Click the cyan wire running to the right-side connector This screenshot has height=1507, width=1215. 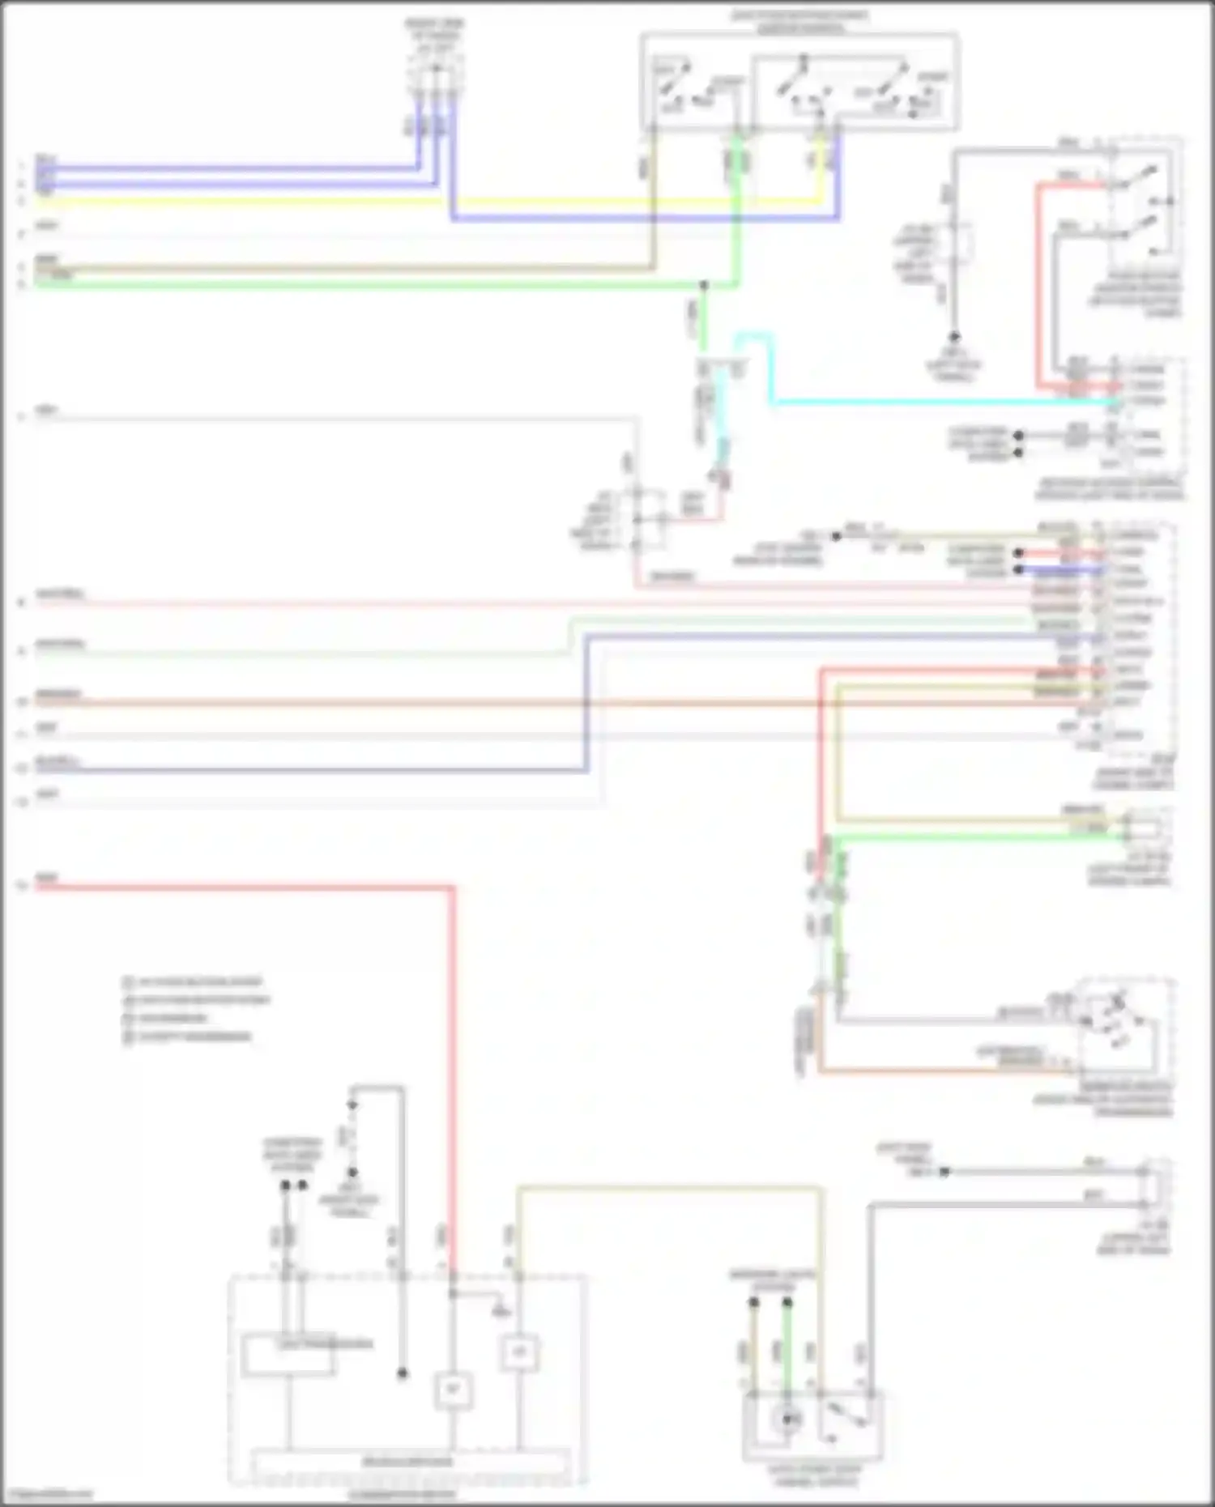932,401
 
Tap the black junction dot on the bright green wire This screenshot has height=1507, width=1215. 703,285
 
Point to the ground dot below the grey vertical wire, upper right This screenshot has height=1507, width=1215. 954,336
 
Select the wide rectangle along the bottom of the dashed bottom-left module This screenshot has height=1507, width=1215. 409,1462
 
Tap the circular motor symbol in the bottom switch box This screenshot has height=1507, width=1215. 786,1419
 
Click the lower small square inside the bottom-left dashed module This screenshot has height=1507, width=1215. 453,1390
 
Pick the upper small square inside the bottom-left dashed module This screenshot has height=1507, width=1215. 518,1352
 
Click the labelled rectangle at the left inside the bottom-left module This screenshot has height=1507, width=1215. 288,1356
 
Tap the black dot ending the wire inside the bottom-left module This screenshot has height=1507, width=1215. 402,1373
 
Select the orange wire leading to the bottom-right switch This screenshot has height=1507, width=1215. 932,1072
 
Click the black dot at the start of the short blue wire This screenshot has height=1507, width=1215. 1019,569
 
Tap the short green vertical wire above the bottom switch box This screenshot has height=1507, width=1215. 787,1344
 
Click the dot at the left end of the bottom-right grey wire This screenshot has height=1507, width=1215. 944,1171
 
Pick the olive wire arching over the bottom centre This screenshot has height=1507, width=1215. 664,1188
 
